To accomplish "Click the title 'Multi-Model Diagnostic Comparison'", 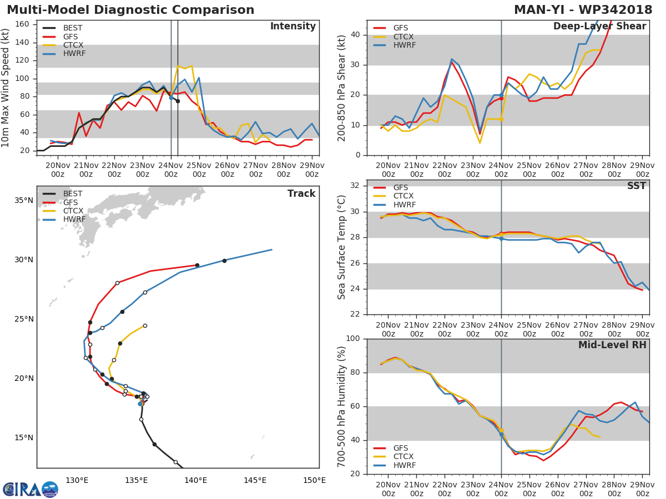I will [x=130, y=10].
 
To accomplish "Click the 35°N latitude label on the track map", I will [x=23, y=200].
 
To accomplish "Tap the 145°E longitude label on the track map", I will [x=255, y=480].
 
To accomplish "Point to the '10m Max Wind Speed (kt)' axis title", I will [x=6, y=88].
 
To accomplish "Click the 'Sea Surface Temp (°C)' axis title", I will [x=342, y=247].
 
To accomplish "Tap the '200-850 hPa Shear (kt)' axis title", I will [x=342, y=88].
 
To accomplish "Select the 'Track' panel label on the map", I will [x=301, y=194].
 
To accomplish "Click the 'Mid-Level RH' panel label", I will [x=612, y=345].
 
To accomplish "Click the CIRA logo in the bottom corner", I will [x=31, y=489].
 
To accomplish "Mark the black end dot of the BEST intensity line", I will [x=178, y=101].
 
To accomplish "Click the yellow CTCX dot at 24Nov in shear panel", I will [x=501, y=119].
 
